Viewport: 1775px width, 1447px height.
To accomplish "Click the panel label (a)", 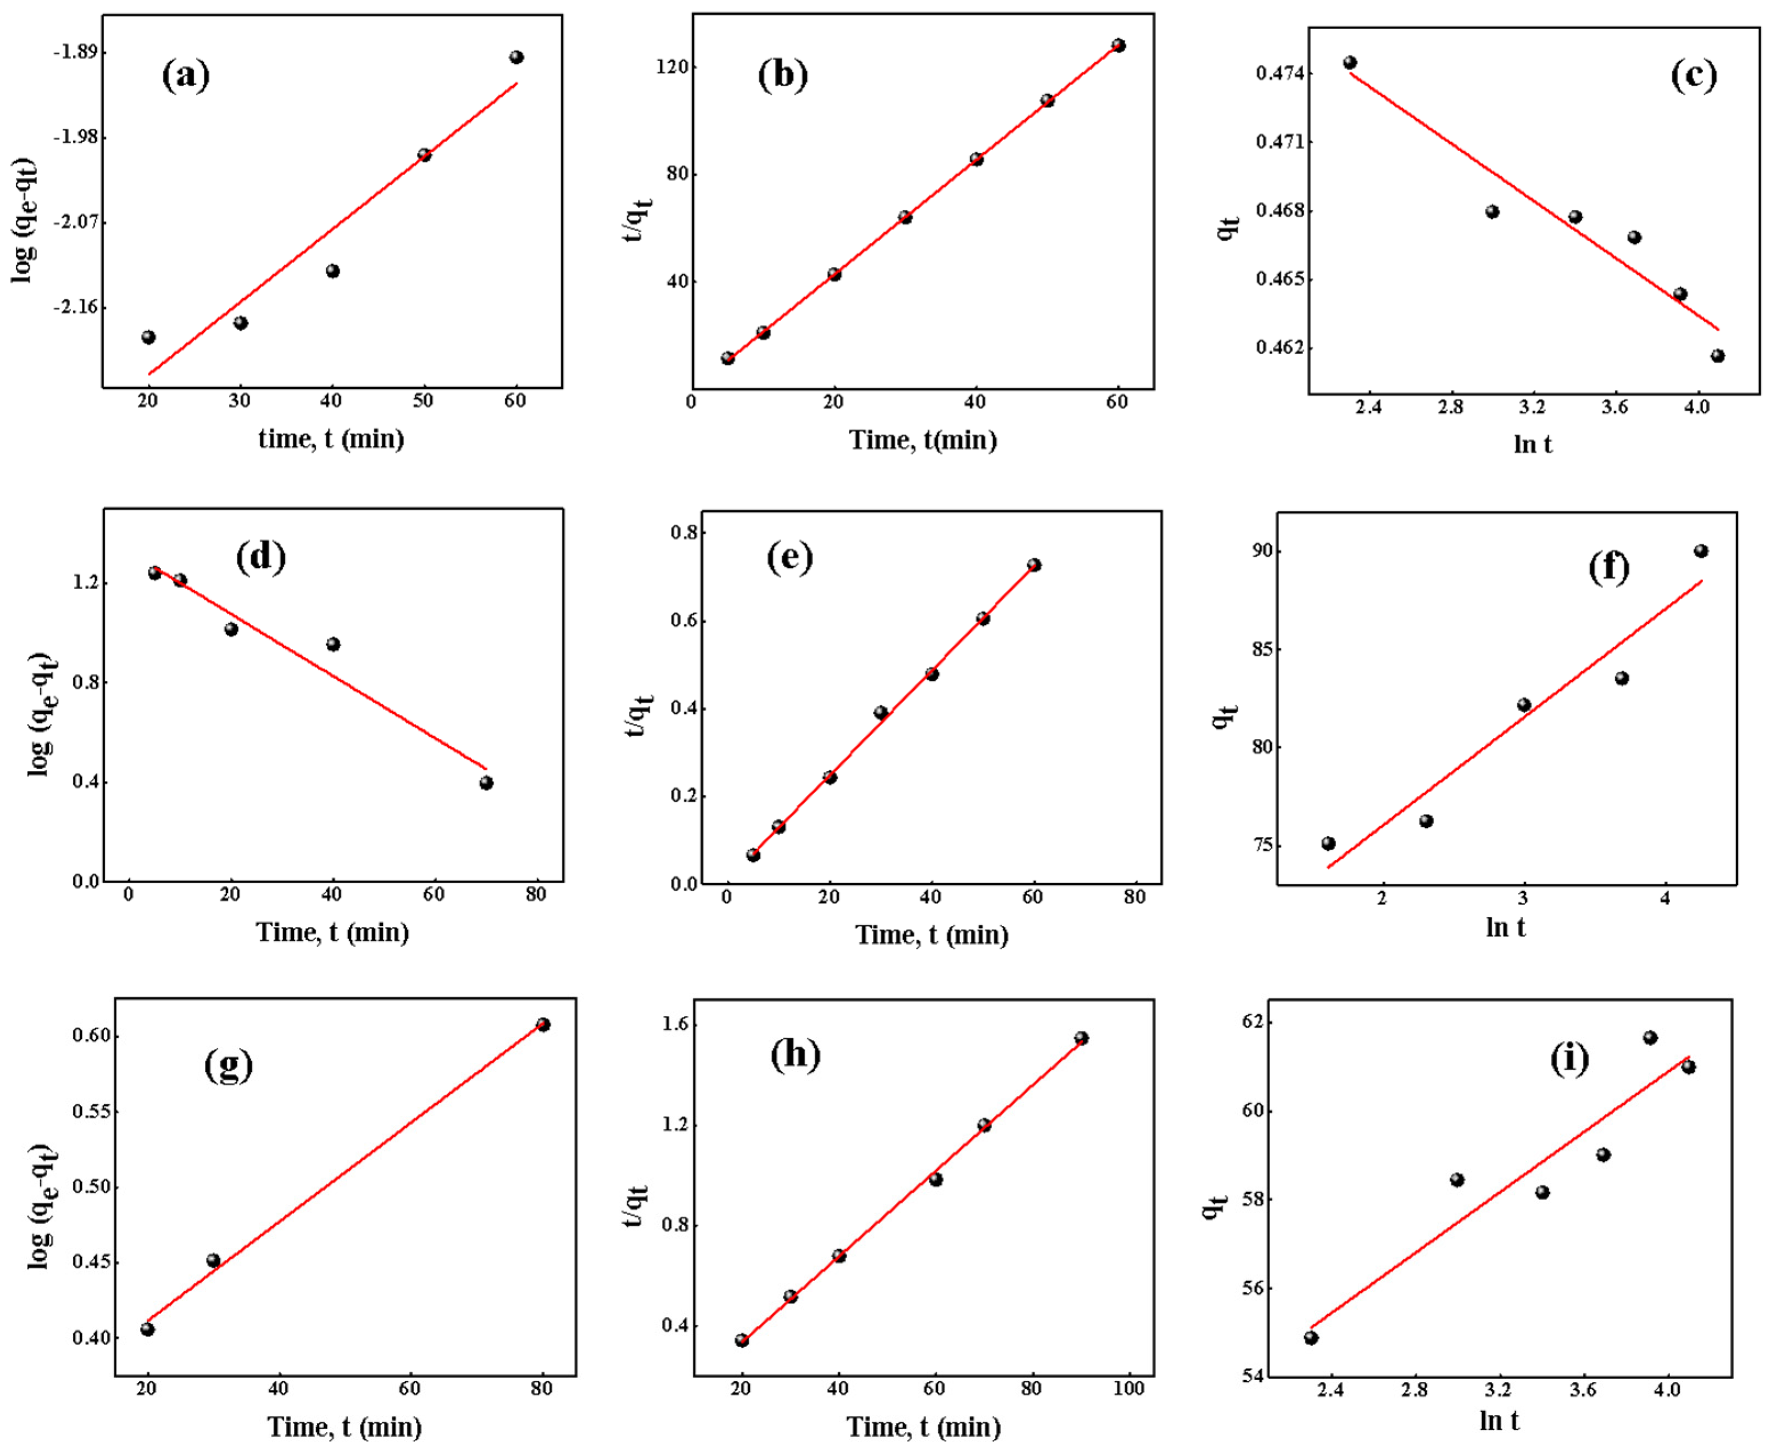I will pos(185,75).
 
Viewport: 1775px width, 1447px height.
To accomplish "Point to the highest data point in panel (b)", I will pos(1118,46).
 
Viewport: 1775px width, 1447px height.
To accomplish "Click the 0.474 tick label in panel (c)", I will pos(1281,74).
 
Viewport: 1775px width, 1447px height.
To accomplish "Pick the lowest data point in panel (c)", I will pos(1717,356).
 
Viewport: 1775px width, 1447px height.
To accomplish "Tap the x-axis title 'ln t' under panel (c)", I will pos(1532,444).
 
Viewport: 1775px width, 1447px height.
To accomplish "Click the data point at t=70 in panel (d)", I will pos(486,783).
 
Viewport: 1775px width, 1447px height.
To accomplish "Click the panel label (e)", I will pos(789,557).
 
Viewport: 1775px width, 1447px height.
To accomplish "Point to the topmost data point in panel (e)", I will pos(1034,565).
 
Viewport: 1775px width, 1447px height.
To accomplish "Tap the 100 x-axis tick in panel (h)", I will pos(1129,1389).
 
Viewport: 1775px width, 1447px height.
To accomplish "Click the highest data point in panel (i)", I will pos(1650,1038).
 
